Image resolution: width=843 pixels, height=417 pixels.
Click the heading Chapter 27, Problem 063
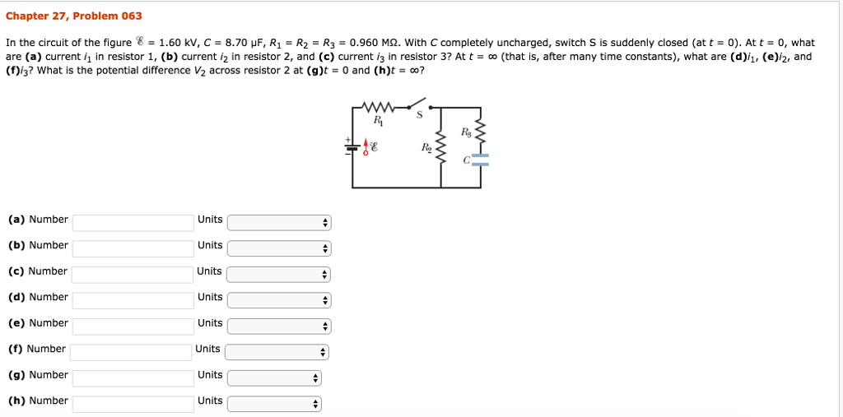click(x=73, y=16)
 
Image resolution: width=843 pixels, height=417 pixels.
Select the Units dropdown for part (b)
click(x=278, y=248)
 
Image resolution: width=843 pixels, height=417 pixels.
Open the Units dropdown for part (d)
click(x=278, y=300)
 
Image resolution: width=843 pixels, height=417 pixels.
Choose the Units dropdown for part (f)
click(x=277, y=352)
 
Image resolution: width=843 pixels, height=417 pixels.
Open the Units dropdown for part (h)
click(x=274, y=404)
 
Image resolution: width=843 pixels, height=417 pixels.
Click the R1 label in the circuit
click(x=378, y=121)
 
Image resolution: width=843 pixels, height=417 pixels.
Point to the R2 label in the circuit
click(x=426, y=149)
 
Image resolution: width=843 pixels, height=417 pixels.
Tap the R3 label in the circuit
click(x=467, y=132)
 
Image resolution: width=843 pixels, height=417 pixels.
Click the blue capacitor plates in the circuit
click(x=481, y=160)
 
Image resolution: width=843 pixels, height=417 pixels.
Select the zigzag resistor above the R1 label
click(x=380, y=107)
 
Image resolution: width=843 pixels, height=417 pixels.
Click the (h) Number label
click(x=38, y=401)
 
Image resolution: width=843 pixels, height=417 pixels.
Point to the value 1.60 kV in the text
click(x=176, y=43)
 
